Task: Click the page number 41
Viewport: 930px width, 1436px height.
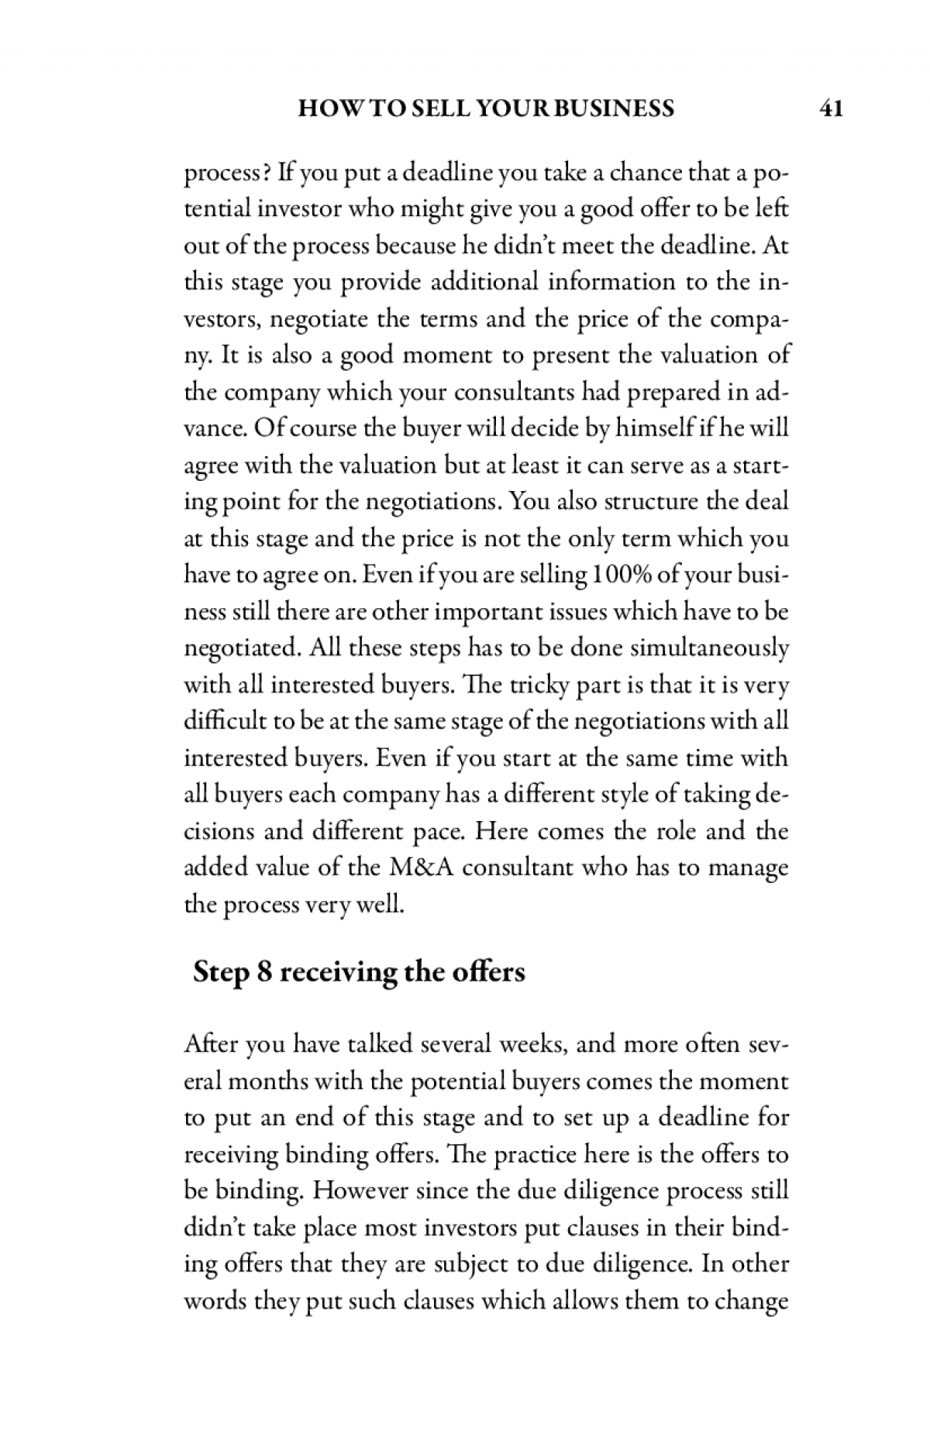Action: coord(830,108)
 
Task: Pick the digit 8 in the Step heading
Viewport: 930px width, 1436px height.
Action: coord(264,971)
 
